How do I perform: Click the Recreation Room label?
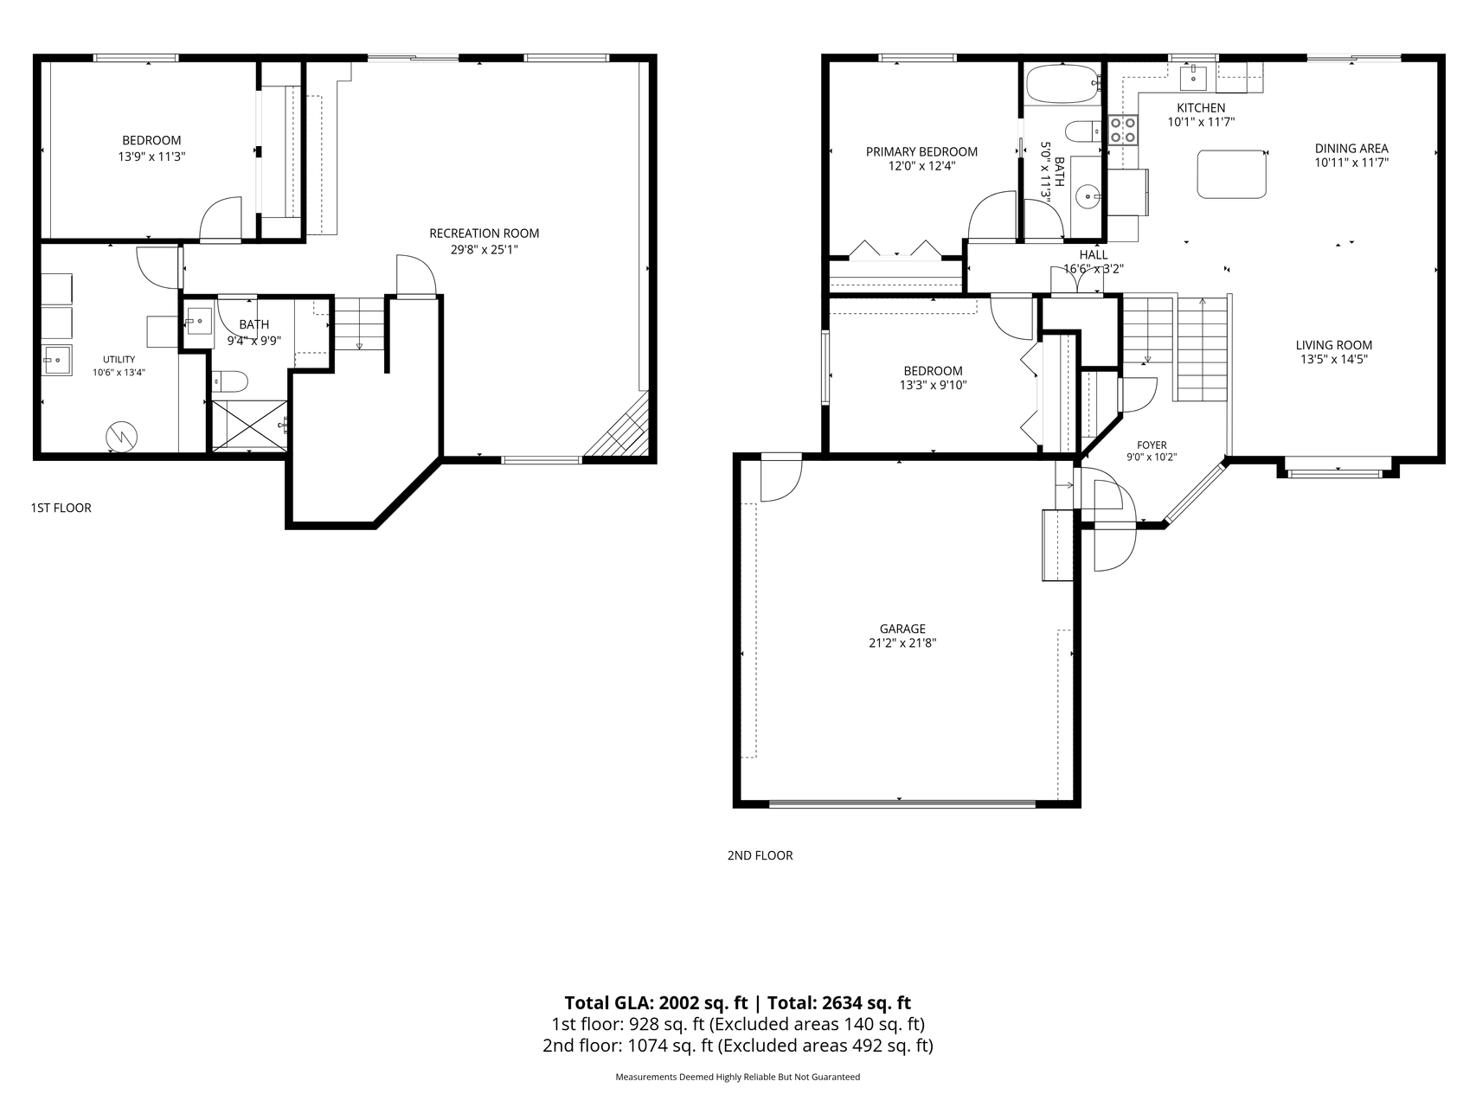pos(484,234)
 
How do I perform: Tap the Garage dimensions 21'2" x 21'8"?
pos(902,643)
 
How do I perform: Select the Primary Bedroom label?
pos(921,152)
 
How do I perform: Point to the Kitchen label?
pos(1201,108)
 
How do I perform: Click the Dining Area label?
pos(1351,148)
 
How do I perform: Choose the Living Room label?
pos(1334,345)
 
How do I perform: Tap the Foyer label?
pos(1152,445)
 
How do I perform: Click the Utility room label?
pos(119,360)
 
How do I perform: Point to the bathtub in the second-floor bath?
pos(1062,85)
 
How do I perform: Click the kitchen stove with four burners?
pos(1123,130)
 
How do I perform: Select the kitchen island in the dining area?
pos(1231,173)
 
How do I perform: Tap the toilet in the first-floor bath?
pos(230,381)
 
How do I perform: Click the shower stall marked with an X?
pos(249,426)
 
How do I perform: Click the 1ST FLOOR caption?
pos(61,508)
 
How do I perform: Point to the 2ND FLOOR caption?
pos(760,855)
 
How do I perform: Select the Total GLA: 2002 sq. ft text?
pos(656,1003)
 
